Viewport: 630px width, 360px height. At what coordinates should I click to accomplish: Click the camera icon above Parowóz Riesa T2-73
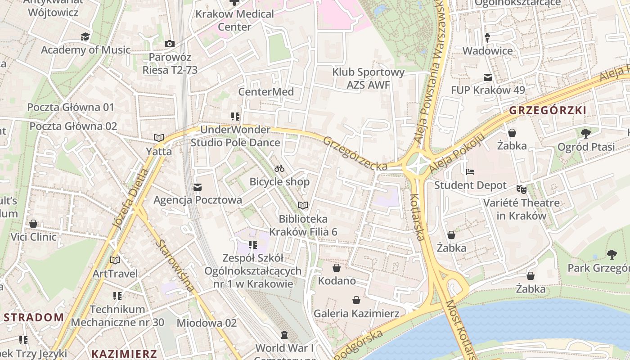(x=169, y=44)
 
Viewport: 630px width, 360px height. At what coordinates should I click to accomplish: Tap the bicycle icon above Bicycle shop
(x=279, y=168)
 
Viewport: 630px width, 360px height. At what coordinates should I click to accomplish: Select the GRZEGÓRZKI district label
(x=547, y=111)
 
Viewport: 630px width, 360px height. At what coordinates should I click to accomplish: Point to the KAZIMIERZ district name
(x=124, y=354)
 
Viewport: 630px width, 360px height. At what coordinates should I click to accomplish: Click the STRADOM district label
(x=34, y=317)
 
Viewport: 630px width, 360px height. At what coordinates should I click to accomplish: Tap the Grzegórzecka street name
(x=355, y=153)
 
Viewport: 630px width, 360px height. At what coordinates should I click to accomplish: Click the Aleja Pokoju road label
(x=456, y=153)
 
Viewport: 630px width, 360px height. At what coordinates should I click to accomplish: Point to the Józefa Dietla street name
(x=131, y=198)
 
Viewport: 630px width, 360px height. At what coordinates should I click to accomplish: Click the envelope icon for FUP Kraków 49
(x=487, y=77)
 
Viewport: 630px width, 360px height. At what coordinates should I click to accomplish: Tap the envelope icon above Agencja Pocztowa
(x=197, y=187)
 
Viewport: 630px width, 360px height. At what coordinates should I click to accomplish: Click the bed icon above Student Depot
(x=470, y=172)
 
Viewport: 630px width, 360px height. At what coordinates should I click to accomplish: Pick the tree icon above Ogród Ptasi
(x=585, y=133)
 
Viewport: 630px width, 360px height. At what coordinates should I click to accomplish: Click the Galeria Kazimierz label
(x=356, y=313)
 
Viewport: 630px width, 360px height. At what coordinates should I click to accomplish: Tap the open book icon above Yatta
(x=158, y=138)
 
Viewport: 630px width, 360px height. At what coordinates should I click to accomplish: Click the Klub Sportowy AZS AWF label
(x=368, y=78)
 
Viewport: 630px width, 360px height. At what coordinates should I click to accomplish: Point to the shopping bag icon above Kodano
(x=336, y=268)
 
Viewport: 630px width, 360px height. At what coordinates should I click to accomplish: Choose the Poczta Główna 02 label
(x=73, y=126)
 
